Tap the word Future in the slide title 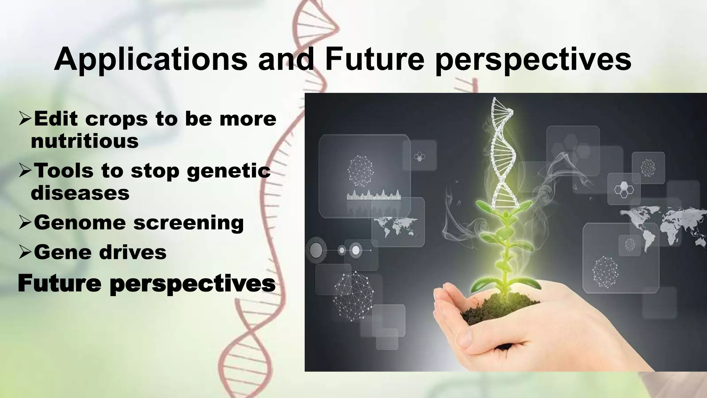pyautogui.click(x=374, y=59)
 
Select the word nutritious pyautogui.click(x=85, y=141)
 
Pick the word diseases pyautogui.click(x=80, y=193)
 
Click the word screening pyautogui.click(x=188, y=222)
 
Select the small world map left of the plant pyautogui.click(x=397, y=227)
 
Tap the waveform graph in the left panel pyautogui.click(x=374, y=195)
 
